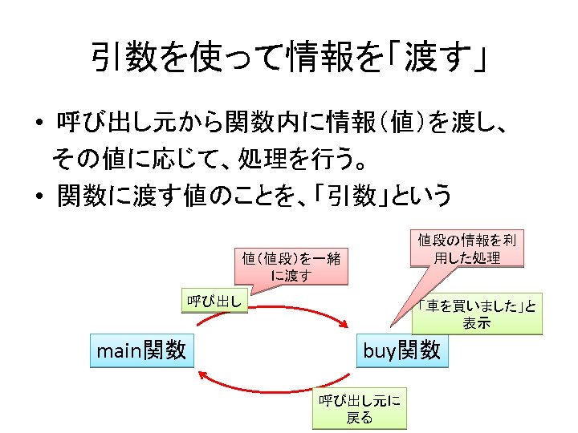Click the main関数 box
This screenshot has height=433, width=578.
click(141, 350)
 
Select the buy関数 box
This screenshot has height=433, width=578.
click(402, 350)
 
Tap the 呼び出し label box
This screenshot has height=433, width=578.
click(214, 301)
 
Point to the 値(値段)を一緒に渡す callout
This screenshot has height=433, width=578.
click(291, 266)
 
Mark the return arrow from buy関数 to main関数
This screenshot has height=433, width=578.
click(273, 388)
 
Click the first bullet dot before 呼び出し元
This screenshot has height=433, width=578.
click(38, 125)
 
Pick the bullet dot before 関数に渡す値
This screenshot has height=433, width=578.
click(38, 196)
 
